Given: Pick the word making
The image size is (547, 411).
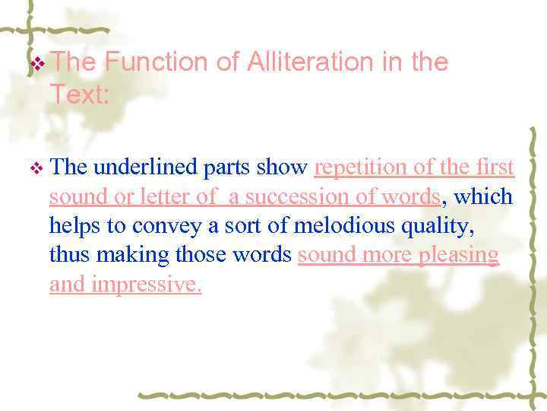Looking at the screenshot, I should coord(125,255).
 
